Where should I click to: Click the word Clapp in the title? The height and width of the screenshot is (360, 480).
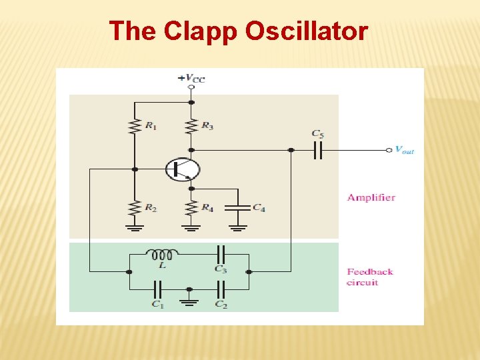point(201,31)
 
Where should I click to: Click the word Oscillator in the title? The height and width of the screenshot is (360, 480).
point(307,31)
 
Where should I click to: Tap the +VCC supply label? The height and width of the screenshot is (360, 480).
point(191,78)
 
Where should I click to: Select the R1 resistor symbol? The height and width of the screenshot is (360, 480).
point(135,125)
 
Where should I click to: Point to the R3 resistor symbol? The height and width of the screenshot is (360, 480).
point(191,125)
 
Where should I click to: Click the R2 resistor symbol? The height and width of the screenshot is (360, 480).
point(135,207)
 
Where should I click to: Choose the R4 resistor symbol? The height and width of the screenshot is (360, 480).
point(191,207)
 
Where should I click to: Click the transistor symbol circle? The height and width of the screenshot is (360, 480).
point(183,169)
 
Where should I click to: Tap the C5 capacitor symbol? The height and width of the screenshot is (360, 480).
point(318,150)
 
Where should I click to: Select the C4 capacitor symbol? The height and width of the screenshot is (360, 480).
point(238,207)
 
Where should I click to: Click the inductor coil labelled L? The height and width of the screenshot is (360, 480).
point(162,254)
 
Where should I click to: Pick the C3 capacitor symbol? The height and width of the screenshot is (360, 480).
point(221,254)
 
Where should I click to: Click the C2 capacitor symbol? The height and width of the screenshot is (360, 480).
point(221,289)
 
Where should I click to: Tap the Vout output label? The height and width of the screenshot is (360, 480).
point(404,150)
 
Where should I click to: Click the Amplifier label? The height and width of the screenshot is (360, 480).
point(371,197)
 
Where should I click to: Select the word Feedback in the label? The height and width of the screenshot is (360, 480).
point(370,271)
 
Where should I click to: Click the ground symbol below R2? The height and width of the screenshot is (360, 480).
point(135,228)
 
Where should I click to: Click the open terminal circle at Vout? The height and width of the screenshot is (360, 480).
point(389,150)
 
